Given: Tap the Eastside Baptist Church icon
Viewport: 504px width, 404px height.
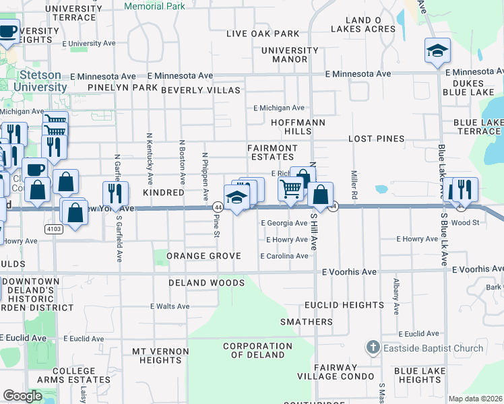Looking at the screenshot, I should (373, 348).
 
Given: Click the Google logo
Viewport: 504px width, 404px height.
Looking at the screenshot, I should (22, 397).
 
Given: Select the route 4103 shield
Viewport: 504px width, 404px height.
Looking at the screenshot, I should (54, 230).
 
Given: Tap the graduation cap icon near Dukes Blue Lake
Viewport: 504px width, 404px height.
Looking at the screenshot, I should (437, 51).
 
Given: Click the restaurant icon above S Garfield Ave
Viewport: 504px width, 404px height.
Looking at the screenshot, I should (115, 193).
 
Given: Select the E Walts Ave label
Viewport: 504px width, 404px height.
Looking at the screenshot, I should (170, 306).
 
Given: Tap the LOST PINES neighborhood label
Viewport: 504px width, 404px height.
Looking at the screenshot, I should (376, 139).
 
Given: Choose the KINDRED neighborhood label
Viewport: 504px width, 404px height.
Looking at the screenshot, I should (163, 193).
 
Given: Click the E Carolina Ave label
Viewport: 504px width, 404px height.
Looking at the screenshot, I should (284, 257).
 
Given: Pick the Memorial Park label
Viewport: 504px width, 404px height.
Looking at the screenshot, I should (155, 5).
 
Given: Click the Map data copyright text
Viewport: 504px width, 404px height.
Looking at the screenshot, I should (475, 399).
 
